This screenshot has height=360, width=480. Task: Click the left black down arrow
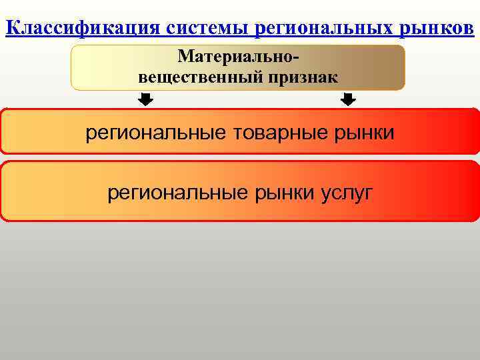(x=146, y=100)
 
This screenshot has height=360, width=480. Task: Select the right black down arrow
(x=348, y=100)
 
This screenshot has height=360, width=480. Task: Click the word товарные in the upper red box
(x=269, y=133)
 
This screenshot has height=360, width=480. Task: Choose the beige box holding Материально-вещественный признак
(x=238, y=67)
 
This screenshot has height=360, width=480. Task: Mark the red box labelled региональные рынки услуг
(x=240, y=191)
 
